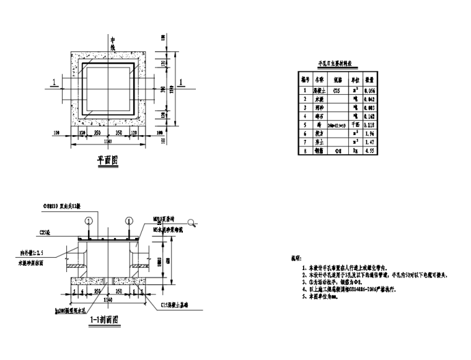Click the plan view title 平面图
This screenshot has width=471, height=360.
(x=107, y=160)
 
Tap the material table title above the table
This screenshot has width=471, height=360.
(x=335, y=63)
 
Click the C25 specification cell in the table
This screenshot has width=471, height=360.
(x=337, y=90)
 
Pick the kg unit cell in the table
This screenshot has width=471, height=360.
(x=356, y=150)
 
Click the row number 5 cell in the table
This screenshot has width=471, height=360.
(x=304, y=124)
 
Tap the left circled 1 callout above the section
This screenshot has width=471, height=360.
(x=89, y=220)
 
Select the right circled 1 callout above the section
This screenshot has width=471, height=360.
(x=129, y=220)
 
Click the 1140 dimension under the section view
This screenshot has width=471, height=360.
(x=108, y=299)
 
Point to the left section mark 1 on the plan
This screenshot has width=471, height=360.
(x=55, y=82)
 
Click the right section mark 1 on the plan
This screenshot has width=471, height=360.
(x=180, y=82)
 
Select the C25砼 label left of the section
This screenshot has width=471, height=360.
(x=45, y=232)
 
